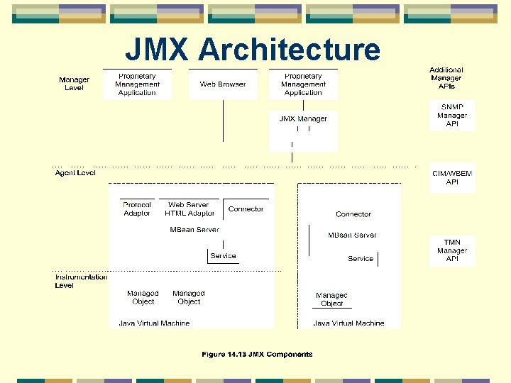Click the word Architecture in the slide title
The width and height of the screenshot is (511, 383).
tap(289, 50)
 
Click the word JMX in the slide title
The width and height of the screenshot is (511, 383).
tap(158, 50)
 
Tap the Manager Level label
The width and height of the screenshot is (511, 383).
tap(74, 84)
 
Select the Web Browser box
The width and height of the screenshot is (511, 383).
tap(222, 84)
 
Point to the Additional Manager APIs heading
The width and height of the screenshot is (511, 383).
tap(446, 78)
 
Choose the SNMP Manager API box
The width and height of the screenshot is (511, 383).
tap(452, 115)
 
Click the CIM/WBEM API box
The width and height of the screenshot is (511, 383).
tap(452, 177)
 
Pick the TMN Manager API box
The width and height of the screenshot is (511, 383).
tap(452, 250)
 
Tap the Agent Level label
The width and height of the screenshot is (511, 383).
tap(75, 172)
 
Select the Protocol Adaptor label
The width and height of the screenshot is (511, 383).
tap(137, 209)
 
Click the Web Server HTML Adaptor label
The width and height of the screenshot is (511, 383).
tap(189, 209)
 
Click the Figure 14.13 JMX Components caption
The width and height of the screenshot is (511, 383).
tap(257, 354)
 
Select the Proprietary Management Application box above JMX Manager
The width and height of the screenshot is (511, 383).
tap(303, 84)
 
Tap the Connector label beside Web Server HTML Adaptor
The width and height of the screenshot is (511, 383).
tap(246, 209)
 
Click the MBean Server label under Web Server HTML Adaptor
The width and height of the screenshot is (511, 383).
tap(194, 229)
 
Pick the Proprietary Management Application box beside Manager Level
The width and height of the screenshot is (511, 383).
tap(137, 84)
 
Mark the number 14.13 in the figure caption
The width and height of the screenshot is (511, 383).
tap(240, 354)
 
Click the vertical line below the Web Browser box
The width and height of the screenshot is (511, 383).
tap(223, 121)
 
